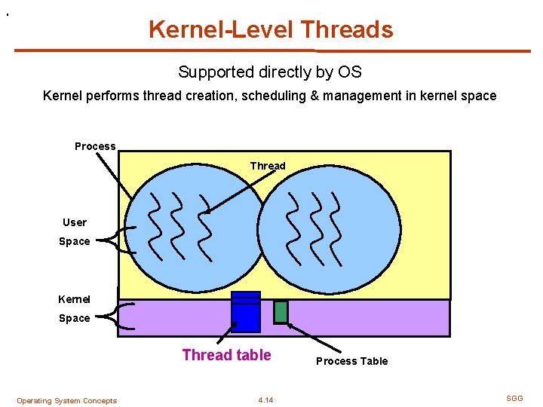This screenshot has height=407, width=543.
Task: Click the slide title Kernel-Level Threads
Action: pyautogui.click(x=271, y=29)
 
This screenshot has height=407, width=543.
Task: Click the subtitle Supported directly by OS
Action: pyautogui.click(x=270, y=72)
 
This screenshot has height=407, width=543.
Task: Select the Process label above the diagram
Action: pyautogui.click(x=95, y=146)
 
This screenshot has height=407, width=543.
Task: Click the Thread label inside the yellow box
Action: pyautogui.click(x=268, y=166)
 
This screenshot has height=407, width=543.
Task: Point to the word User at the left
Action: pyautogui.click(x=75, y=222)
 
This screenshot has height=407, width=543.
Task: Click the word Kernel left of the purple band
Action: pyautogui.click(x=74, y=299)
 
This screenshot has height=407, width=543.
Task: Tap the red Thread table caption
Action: pyautogui.click(x=226, y=355)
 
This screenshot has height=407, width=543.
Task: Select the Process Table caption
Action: pyautogui.click(x=351, y=361)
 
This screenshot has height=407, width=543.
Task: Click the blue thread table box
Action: pyautogui.click(x=246, y=311)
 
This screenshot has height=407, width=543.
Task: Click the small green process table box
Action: pyautogui.click(x=281, y=311)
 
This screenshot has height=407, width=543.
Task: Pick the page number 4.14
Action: pyautogui.click(x=265, y=400)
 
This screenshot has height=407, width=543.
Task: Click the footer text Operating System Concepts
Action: pyautogui.click(x=66, y=401)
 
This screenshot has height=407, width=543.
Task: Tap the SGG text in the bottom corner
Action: pyautogui.click(x=514, y=398)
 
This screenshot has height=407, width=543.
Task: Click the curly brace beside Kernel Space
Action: pyautogui.click(x=122, y=316)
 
